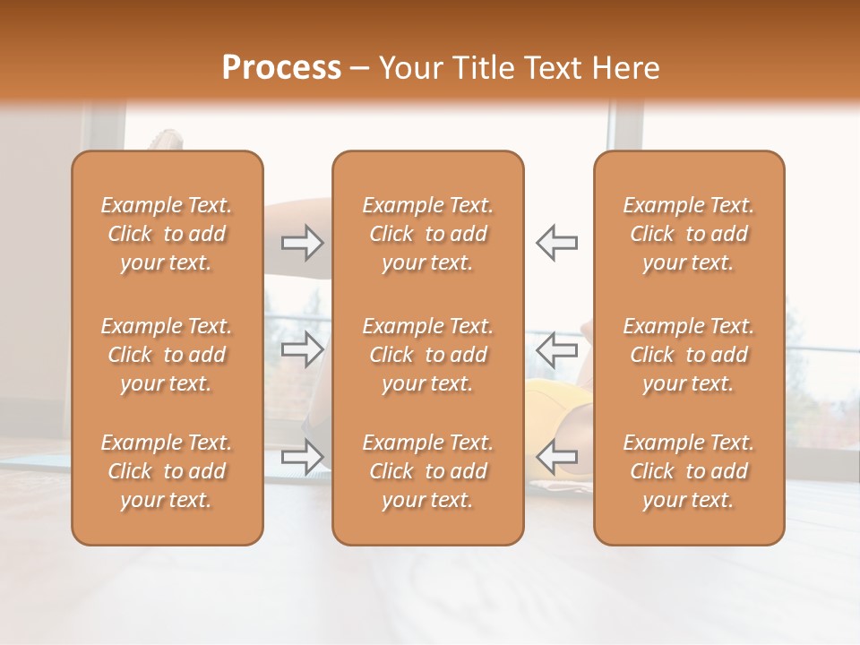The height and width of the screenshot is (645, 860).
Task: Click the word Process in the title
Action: (281, 68)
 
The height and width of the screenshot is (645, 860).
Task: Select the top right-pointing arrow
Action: (303, 243)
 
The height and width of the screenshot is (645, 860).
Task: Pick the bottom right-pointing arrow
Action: (303, 456)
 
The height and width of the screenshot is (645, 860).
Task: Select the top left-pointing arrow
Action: (556, 243)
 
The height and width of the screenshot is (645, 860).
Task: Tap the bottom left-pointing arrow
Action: (556, 456)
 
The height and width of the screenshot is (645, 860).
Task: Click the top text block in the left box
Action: (167, 234)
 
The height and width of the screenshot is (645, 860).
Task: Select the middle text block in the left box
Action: (167, 355)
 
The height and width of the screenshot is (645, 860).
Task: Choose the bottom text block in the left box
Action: (167, 471)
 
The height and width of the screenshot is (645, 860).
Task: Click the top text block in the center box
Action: (427, 234)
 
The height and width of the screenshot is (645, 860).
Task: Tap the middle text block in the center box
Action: (427, 355)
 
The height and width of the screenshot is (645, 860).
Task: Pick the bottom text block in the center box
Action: (427, 471)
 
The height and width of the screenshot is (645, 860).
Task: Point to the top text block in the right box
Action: (688, 234)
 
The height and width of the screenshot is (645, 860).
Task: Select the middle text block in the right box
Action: (688, 355)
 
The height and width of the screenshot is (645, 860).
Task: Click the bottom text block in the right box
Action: (688, 471)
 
